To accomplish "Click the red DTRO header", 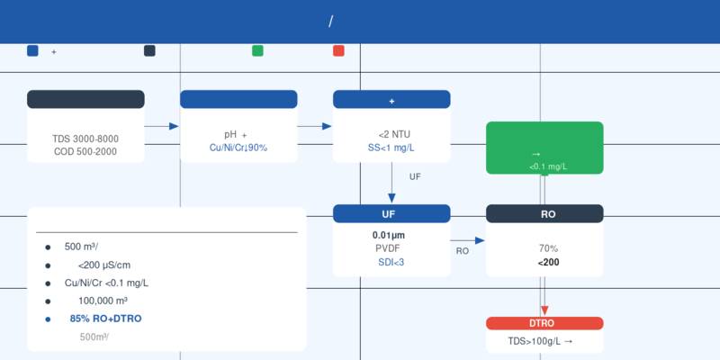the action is [x=544, y=323].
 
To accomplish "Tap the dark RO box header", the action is [x=544, y=213].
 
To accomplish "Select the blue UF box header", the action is [x=391, y=213].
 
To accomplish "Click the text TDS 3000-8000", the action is [x=85, y=139].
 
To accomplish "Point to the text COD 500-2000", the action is [x=85, y=151].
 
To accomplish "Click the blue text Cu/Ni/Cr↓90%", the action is [x=238, y=148].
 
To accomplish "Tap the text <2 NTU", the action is [x=394, y=134].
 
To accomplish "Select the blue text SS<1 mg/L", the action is [x=394, y=148].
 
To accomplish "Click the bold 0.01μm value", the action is [x=389, y=236].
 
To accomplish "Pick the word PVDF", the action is [x=388, y=248].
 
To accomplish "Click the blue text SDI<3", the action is [x=391, y=262].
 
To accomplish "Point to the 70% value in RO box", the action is [x=548, y=249].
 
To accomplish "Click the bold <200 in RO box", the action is [x=548, y=263].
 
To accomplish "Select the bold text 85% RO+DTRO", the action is [x=105, y=319].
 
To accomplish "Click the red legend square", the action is [x=339, y=50].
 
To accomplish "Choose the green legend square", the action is [x=257, y=50].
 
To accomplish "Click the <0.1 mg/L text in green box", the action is [x=548, y=166].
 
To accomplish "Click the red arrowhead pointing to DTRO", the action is [x=544, y=310].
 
